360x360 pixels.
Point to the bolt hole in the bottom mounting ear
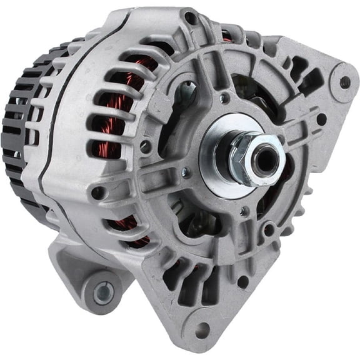click(201, 329)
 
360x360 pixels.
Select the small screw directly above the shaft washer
click(223, 98)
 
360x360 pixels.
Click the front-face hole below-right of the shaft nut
click(269, 229)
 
